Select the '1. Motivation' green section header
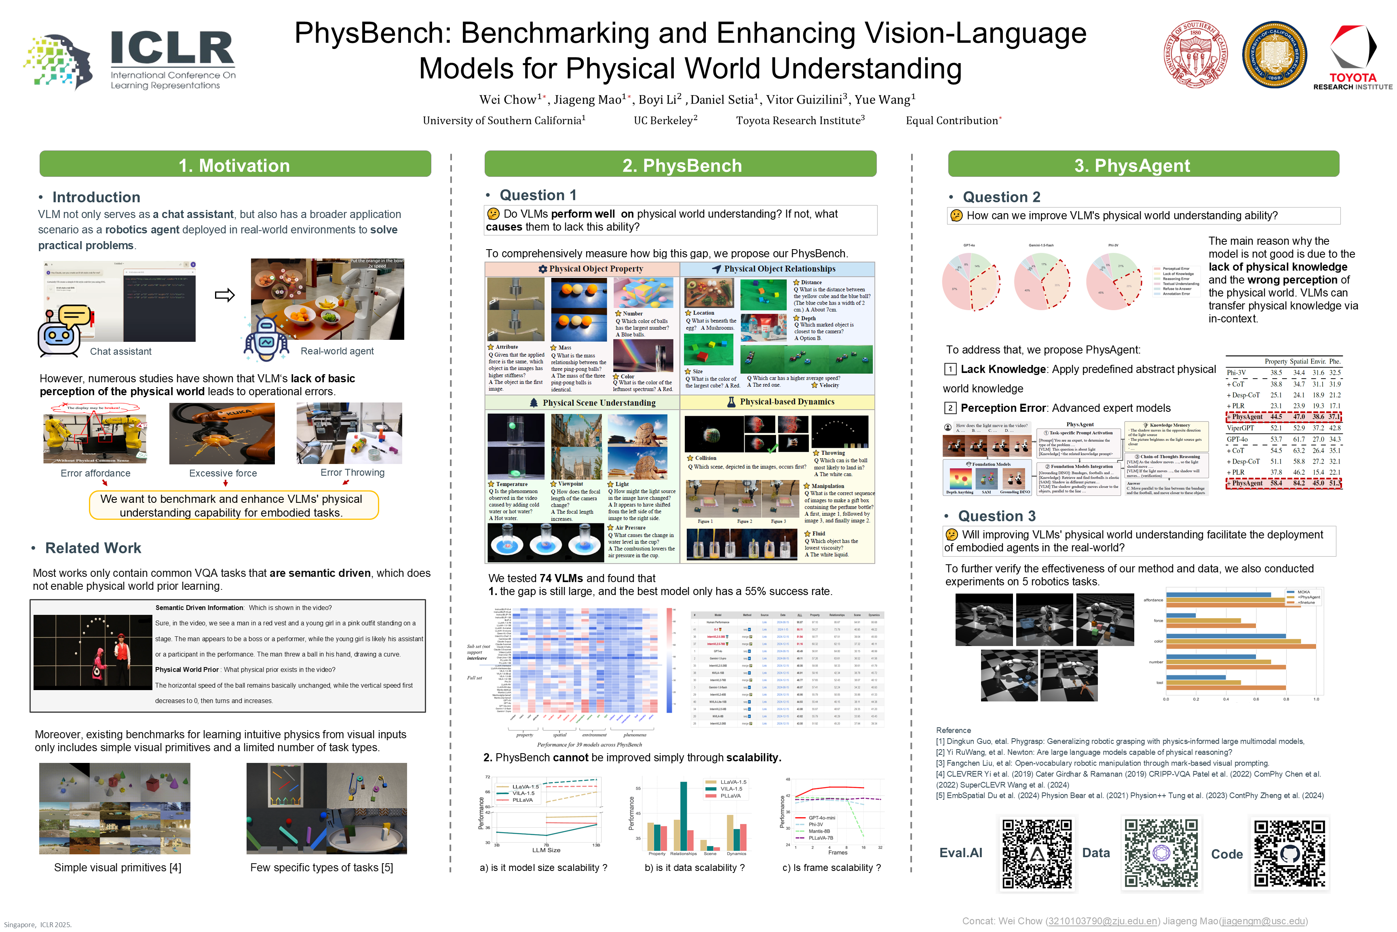point(235,165)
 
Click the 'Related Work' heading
point(93,548)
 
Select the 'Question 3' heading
point(997,516)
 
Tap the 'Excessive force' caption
point(223,473)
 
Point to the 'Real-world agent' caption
point(337,351)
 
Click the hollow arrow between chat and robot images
point(224,295)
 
